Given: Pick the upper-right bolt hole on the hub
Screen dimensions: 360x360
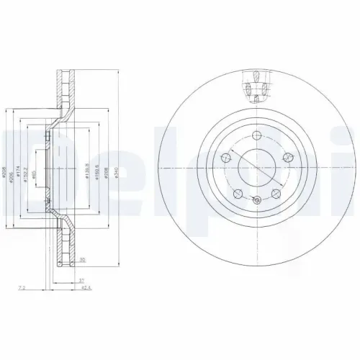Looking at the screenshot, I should [x=289, y=156].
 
